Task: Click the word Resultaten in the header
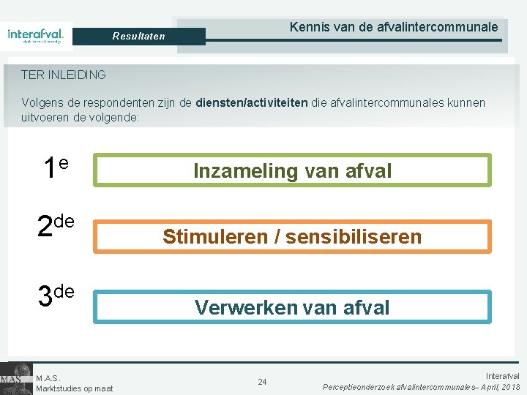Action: pos(138,36)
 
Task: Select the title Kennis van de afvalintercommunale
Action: pos(394,27)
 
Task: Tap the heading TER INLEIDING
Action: pos(64,75)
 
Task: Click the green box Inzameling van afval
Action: pos(292,170)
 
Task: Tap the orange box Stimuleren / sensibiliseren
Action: pos(292,236)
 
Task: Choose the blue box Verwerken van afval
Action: pos(292,307)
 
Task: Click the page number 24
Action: pos(262,382)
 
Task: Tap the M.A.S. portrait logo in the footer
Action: pos(15,378)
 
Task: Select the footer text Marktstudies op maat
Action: pos(74,388)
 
